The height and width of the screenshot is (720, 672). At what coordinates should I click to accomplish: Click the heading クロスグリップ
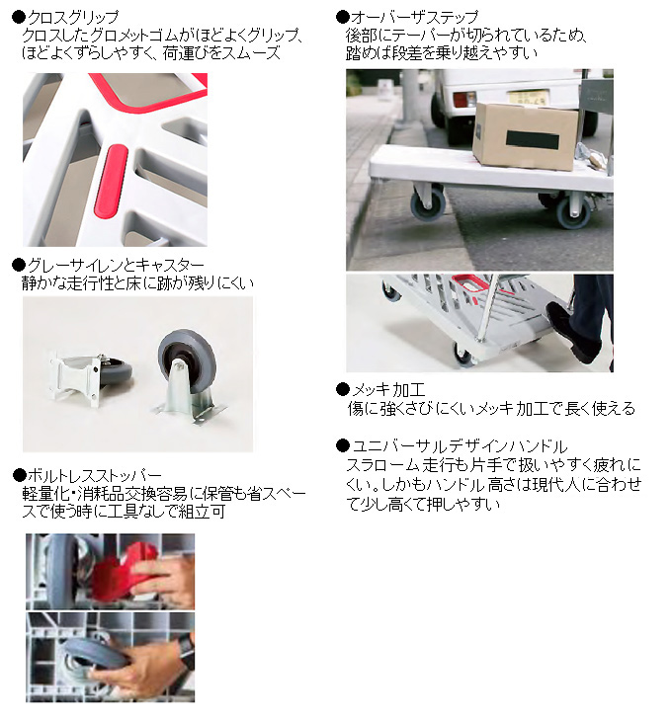72,18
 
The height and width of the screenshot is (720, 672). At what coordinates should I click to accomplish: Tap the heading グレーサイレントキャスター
116,265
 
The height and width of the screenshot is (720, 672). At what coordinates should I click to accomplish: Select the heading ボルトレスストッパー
94,475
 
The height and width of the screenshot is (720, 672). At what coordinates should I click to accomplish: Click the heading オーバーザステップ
415,18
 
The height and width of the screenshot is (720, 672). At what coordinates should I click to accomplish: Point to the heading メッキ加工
388,390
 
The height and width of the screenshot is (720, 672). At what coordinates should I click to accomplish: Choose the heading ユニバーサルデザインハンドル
460,446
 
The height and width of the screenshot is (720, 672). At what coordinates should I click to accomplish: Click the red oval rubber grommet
111,181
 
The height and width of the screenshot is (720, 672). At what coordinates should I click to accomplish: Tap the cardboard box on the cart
525,136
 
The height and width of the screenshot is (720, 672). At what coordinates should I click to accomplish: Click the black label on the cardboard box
533,139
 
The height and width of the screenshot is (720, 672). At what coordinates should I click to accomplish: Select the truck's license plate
528,97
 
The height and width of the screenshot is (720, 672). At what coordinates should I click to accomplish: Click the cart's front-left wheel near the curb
428,203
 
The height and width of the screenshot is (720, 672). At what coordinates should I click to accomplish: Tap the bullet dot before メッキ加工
343,390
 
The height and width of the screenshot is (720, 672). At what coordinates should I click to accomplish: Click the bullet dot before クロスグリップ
19,18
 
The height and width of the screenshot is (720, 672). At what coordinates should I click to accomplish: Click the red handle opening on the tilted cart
469,283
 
